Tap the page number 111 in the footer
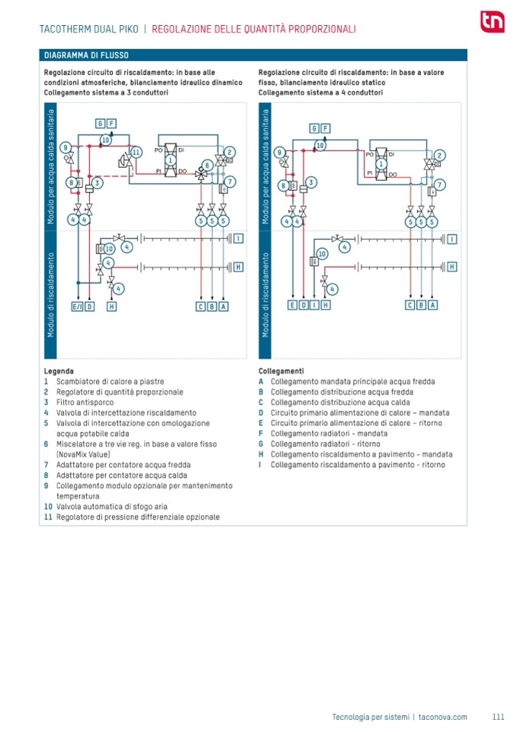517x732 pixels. (x=498, y=717)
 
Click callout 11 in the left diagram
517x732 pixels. (x=136, y=152)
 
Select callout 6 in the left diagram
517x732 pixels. (x=207, y=165)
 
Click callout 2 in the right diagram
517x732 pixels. (x=439, y=155)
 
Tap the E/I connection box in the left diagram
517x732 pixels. (x=77, y=306)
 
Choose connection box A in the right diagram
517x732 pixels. (x=433, y=305)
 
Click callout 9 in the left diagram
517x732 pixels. (x=66, y=147)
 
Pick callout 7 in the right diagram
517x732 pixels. (x=440, y=185)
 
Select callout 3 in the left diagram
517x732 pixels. (x=98, y=182)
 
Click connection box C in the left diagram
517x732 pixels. (x=201, y=306)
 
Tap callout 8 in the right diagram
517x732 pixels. (x=284, y=185)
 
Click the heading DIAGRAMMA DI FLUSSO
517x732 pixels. (x=86, y=56)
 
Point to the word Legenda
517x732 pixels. (x=59, y=371)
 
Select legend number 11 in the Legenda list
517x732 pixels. (x=48, y=517)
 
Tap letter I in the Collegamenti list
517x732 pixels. (x=261, y=464)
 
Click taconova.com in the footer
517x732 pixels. (x=442, y=717)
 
